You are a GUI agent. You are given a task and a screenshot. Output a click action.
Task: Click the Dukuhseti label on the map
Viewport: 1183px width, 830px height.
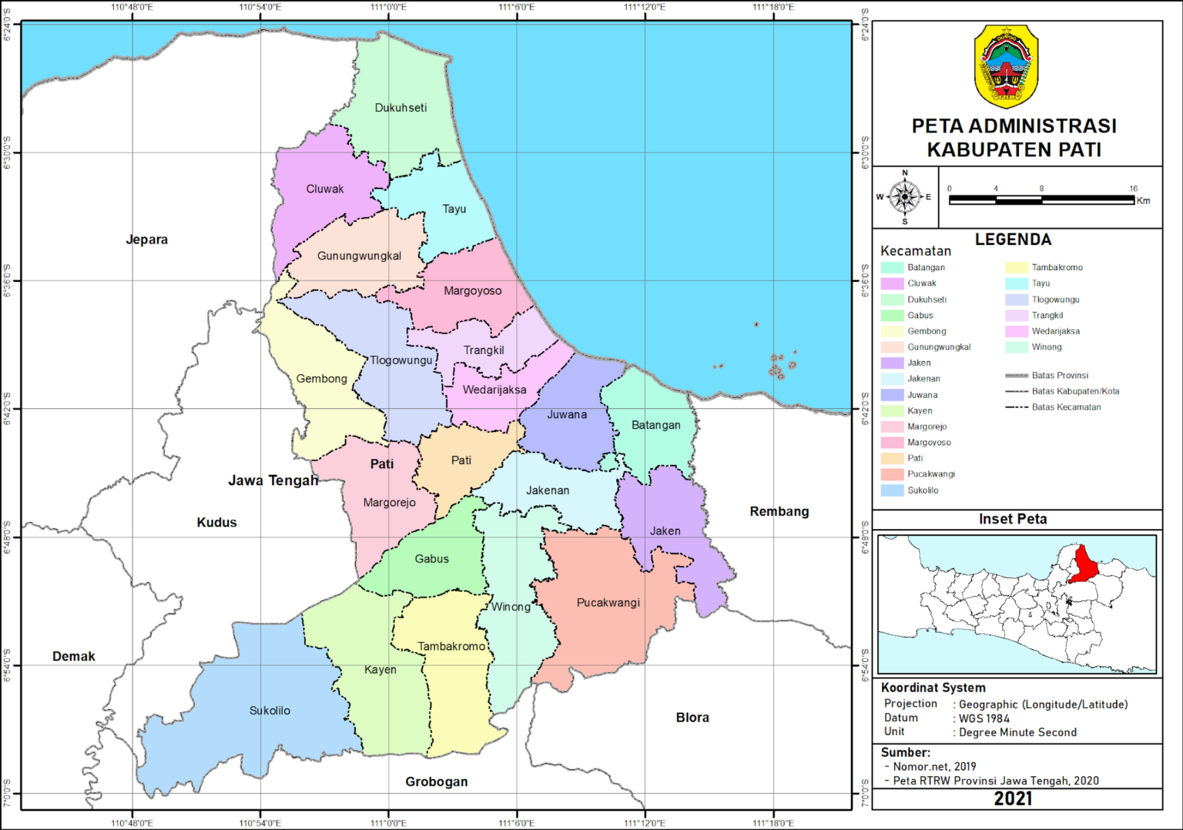(x=400, y=108)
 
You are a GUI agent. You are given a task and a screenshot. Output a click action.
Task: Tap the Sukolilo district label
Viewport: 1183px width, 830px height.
(x=270, y=711)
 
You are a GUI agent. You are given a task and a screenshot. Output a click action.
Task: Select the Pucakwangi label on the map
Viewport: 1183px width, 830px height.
(x=608, y=603)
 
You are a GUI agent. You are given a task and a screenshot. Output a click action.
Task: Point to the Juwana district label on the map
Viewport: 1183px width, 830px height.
(x=567, y=414)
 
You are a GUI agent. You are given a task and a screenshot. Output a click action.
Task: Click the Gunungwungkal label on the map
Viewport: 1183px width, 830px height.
(x=359, y=256)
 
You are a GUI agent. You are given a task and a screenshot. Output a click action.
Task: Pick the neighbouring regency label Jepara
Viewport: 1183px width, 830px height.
(x=146, y=239)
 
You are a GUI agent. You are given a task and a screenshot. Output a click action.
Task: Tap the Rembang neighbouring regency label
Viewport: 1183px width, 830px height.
(x=779, y=511)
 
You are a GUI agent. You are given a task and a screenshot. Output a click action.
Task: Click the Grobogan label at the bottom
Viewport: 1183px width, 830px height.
(x=436, y=781)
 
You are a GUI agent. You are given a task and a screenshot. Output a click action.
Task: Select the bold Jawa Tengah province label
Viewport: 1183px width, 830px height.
(x=273, y=480)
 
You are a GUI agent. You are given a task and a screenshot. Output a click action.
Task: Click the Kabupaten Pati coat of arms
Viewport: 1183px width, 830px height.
(x=1006, y=67)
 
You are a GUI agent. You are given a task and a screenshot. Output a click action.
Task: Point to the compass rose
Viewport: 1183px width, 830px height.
(x=904, y=197)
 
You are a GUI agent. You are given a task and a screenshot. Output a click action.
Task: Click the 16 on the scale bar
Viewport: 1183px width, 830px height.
(x=1133, y=188)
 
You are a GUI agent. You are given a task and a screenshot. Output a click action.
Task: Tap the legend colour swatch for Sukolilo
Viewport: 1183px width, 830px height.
(x=892, y=490)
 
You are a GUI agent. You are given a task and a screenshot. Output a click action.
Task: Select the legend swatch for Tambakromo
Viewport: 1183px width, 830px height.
(x=1016, y=267)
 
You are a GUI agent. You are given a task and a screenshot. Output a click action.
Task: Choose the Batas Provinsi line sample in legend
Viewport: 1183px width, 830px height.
(x=1017, y=376)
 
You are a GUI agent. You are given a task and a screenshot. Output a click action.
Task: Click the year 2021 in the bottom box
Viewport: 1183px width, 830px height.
(x=1013, y=798)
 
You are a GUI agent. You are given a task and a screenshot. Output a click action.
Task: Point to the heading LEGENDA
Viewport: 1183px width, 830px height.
(x=1013, y=239)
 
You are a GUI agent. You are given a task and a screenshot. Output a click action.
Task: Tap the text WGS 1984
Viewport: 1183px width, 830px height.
(x=984, y=718)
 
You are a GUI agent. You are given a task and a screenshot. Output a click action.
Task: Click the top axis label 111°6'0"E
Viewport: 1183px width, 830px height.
(x=517, y=7)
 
